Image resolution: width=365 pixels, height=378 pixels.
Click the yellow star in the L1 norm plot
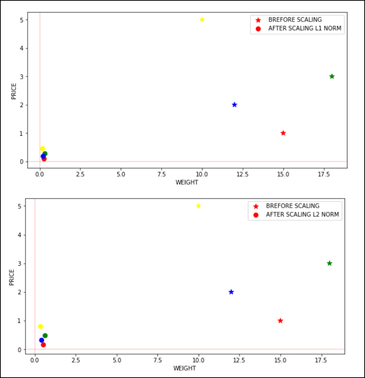tap(202, 20)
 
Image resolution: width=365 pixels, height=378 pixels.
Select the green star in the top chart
tap(332, 76)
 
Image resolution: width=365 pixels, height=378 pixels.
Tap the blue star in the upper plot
tap(235, 105)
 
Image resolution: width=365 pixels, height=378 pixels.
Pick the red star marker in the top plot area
tap(283, 133)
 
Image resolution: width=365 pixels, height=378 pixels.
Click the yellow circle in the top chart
tap(43, 149)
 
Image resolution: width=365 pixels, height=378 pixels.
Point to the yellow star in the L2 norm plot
tap(199, 206)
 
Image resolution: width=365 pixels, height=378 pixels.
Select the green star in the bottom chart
tap(329, 263)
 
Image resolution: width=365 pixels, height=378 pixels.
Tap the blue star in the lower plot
tap(231, 292)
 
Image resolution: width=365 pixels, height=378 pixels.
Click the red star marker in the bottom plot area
tap(280, 321)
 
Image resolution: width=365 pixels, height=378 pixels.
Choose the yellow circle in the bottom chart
tap(40, 327)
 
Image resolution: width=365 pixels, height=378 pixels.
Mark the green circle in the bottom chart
tap(45, 336)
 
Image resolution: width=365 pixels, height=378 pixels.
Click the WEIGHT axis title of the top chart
tap(187, 182)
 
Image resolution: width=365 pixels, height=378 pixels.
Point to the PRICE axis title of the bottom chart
tap(12, 278)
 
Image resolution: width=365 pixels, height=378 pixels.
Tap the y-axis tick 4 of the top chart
tap(22, 48)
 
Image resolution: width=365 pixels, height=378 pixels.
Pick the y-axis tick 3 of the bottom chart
tap(19, 264)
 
